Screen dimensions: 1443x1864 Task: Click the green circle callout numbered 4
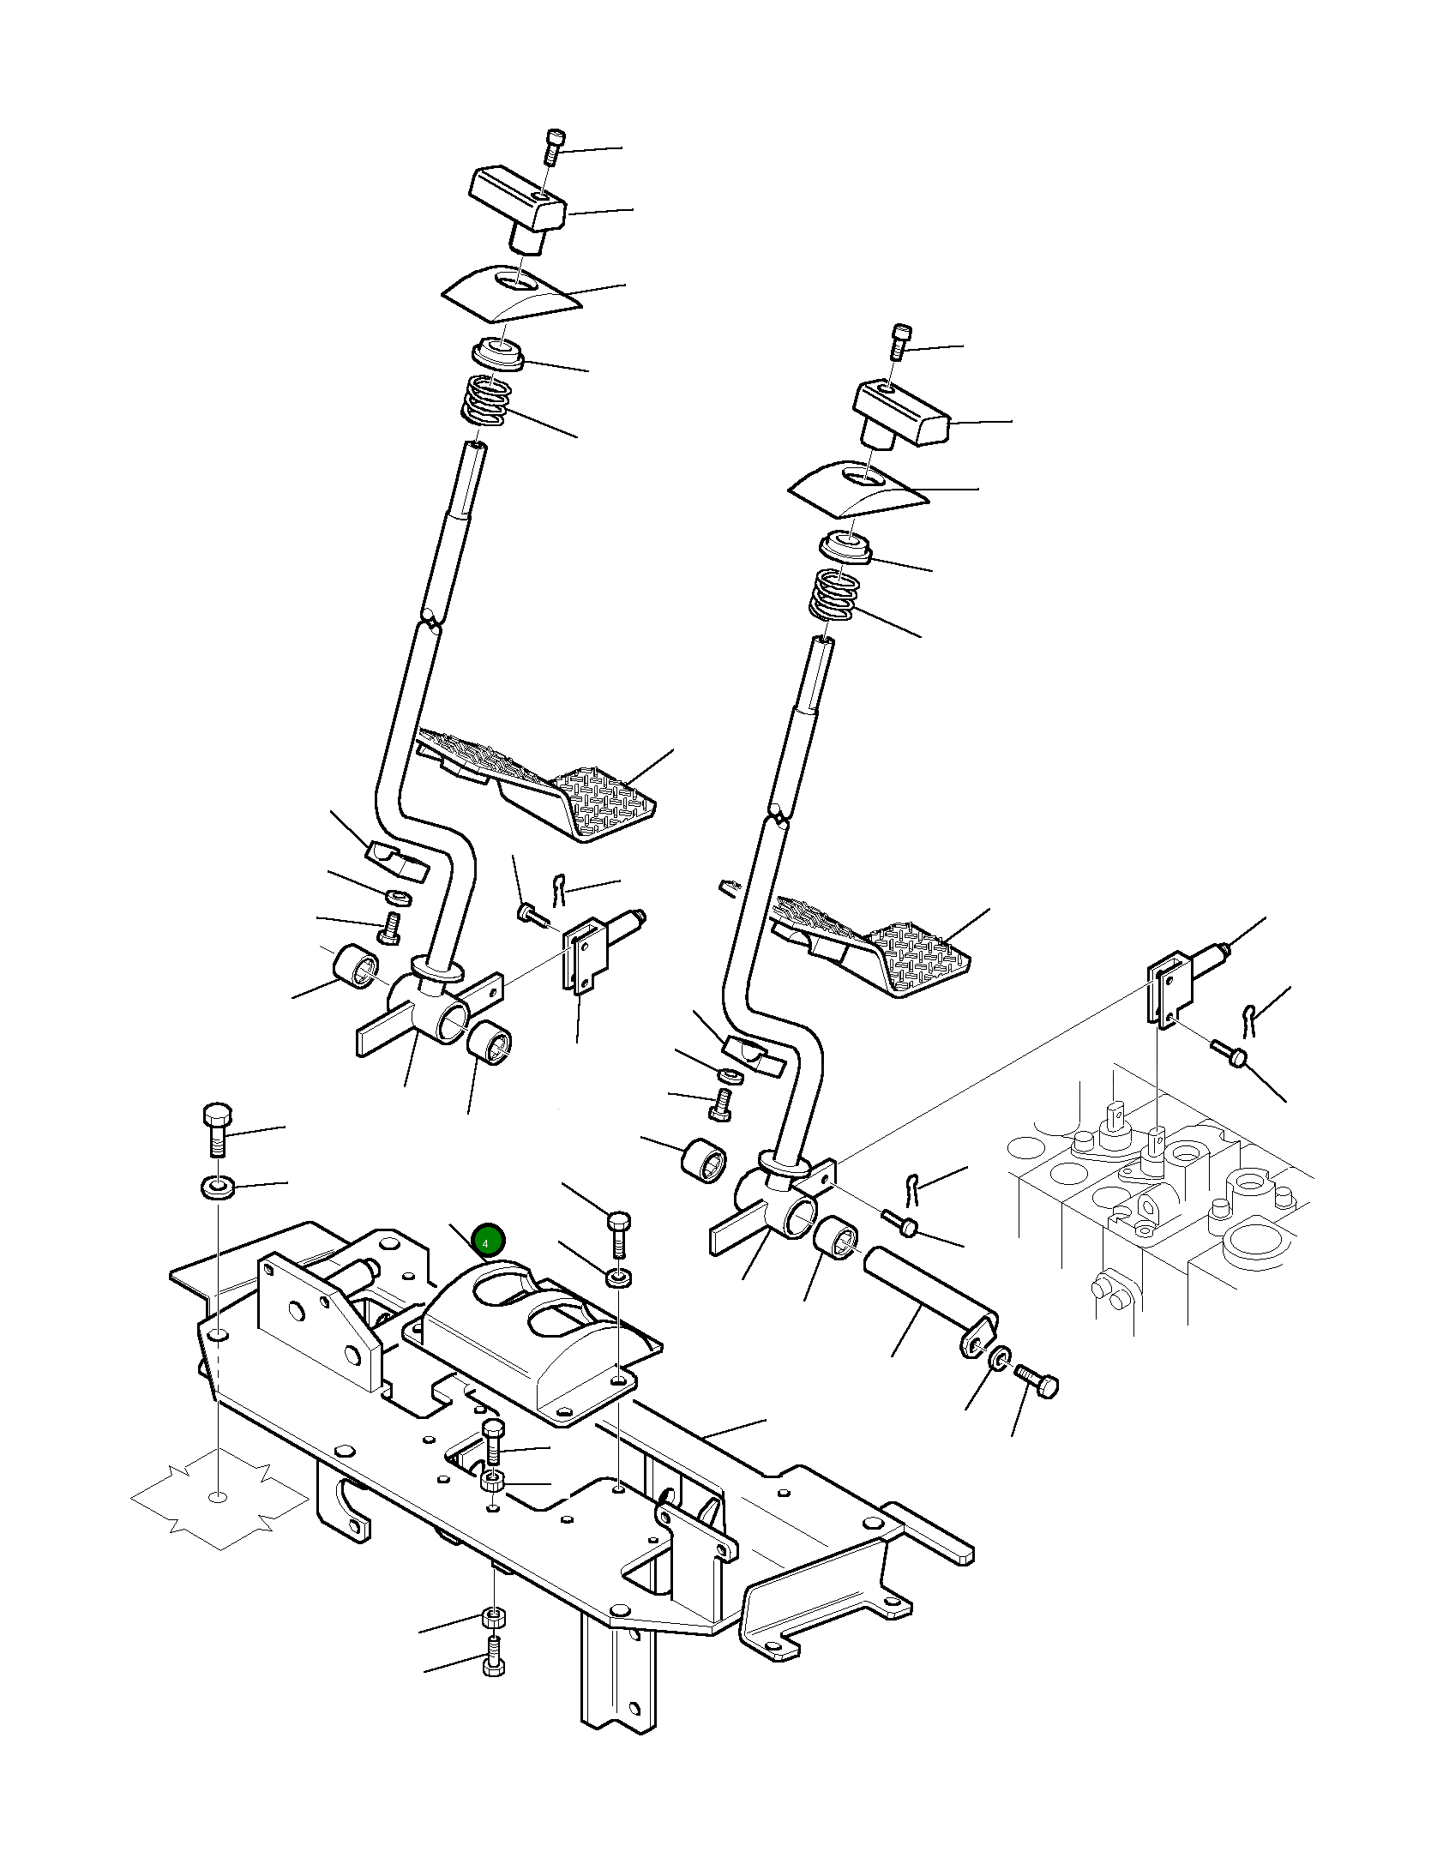490,1240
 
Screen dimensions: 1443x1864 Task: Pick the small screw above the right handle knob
900,341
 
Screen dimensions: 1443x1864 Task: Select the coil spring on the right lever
835,594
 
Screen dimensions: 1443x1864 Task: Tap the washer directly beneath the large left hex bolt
218,1188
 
